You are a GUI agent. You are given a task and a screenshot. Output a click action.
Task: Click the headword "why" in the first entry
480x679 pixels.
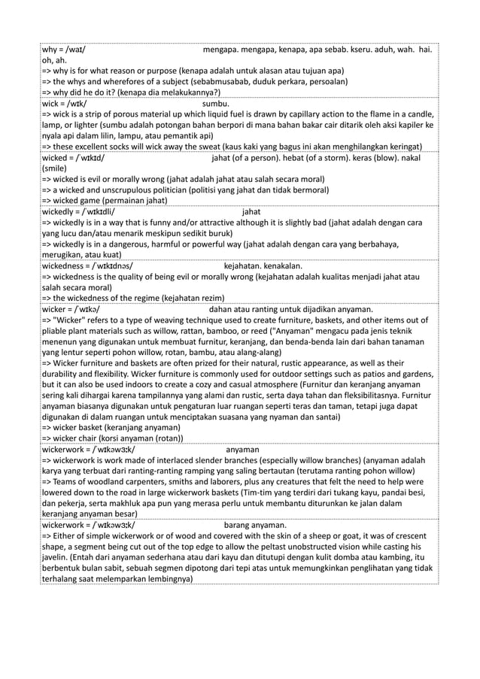click(x=49, y=50)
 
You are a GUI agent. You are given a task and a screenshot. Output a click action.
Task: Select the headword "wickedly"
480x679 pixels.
click(x=60, y=211)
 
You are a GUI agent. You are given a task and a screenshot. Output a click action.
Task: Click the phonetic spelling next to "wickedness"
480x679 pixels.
click(x=114, y=265)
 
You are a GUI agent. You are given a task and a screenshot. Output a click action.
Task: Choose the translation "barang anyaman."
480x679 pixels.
click(x=255, y=524)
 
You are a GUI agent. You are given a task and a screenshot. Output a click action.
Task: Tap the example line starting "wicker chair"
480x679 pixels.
click(x=114, y=438)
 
